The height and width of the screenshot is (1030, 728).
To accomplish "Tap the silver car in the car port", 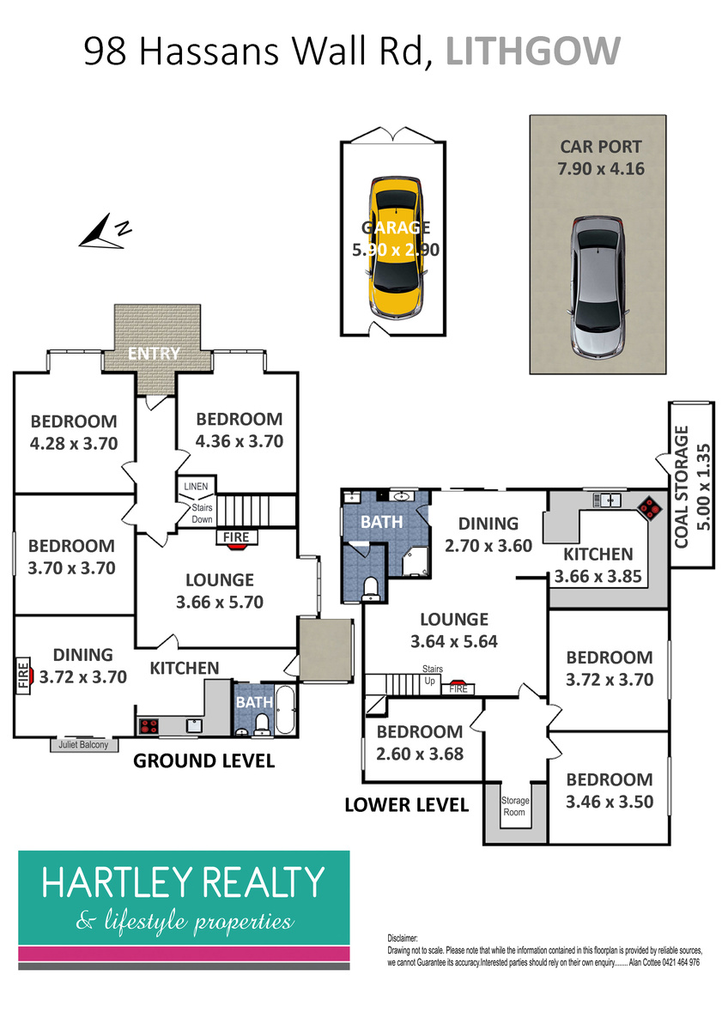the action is [598, 288].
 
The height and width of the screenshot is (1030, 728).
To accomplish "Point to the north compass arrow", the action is [100, 232].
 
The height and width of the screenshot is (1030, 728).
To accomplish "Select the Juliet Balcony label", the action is [83, 744].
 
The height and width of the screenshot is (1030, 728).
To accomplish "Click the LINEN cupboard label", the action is [196, 487].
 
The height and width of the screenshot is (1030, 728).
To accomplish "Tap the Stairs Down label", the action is [202, 513].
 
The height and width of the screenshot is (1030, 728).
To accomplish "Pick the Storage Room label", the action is [514, 806].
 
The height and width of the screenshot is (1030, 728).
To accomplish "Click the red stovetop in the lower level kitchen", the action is [650, 507].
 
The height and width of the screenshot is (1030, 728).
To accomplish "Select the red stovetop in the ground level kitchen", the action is [149, 726].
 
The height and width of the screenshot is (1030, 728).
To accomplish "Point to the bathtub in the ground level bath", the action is [285, 710].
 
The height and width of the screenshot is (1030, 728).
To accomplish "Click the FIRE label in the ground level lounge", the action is [236, 537].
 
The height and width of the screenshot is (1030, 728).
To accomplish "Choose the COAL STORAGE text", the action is [681, 487].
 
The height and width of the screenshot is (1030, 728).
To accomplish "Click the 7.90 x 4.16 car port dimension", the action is [601, 169].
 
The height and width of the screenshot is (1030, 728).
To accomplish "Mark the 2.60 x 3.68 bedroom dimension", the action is [420, 754].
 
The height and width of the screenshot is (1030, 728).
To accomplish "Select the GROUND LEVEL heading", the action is [203, 761].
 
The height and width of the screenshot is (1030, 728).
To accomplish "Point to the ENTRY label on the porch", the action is [154, 353].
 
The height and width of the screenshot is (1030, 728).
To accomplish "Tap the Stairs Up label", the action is [433, 675].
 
